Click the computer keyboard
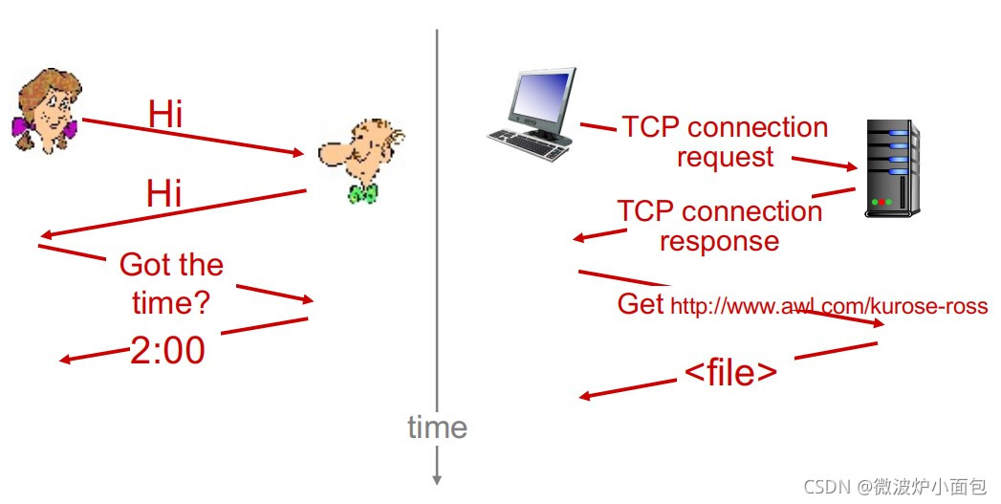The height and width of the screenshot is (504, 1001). click(x=529, y=145)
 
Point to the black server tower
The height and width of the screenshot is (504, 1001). click(x=891, y=167)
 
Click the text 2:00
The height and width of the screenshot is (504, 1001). click(x=167, y=351)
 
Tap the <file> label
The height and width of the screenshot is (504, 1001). click(x=730, y=373)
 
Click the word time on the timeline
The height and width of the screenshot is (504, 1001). click(x=437, y=427)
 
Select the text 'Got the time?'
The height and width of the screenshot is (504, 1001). click(x=171, y=283)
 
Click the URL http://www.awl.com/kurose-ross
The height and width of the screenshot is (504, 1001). click(x=829, y=306)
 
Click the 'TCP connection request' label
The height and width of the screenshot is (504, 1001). click(x=725, y=142)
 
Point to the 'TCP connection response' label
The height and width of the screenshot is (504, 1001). click(x=720, y=226)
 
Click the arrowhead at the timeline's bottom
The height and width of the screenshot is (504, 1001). click(x=437, y=477)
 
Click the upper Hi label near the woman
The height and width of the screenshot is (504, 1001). click(x=165, y=114)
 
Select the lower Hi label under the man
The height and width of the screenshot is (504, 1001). click(x=164, y=194)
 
